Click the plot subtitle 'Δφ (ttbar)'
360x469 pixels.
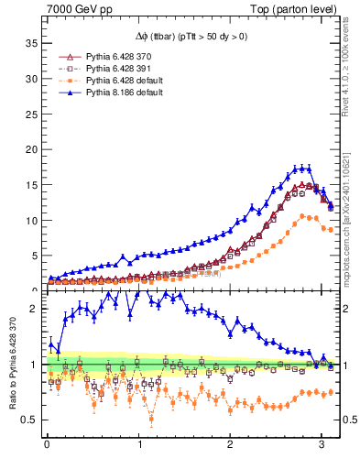[x=150, y=36]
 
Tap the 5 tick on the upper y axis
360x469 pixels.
[x=34, y=256]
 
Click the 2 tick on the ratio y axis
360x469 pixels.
[x=36, y=309]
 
